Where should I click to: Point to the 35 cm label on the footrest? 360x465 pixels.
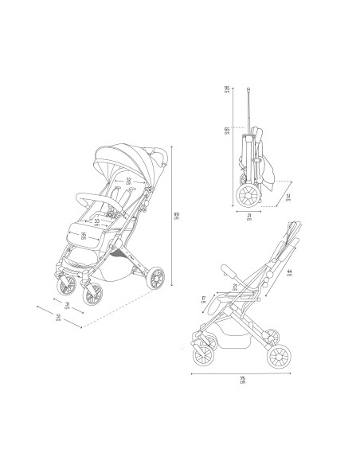tap(84, 236)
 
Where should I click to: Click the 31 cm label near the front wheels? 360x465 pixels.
tap(68, 306)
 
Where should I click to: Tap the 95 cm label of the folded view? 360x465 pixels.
tap(227, 90)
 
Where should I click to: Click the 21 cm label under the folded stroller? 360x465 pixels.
tap(248, 217)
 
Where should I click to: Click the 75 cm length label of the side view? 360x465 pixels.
tap(241, 380)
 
